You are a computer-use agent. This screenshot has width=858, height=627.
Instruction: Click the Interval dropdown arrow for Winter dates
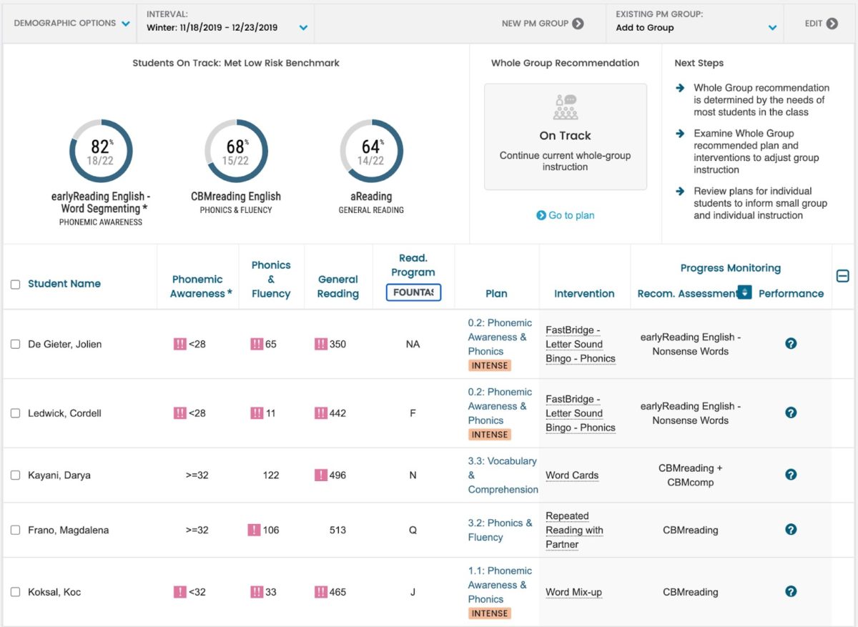(303, 28)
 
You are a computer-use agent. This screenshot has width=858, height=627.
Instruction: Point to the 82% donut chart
(101, 151)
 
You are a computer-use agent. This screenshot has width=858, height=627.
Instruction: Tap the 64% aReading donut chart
(371, 151)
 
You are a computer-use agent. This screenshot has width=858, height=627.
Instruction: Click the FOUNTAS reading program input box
(413, 292)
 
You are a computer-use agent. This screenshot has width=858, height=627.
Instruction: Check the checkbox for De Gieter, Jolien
(16, 344)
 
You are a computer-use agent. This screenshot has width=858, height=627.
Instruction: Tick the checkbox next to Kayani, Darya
(16, 475)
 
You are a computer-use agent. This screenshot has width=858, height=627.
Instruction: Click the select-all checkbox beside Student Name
(16, 285)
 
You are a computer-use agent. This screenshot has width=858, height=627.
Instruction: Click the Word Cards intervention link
(572, 475)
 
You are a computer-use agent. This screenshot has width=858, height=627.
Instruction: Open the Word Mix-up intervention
(573, 592)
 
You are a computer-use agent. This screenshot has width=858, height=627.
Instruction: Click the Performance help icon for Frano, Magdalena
(791, 529)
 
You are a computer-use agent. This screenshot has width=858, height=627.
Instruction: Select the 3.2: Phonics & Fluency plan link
(500, 530)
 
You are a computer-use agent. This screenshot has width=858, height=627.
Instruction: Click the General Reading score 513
(337, 530)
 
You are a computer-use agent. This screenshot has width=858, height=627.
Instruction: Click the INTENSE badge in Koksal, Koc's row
(489, 613)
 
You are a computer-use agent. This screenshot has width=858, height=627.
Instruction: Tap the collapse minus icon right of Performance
(842, 276)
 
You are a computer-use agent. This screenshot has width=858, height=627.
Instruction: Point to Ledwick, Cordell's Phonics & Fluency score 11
(270, 413)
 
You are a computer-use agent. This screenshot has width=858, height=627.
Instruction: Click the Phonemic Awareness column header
(197, 286)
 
